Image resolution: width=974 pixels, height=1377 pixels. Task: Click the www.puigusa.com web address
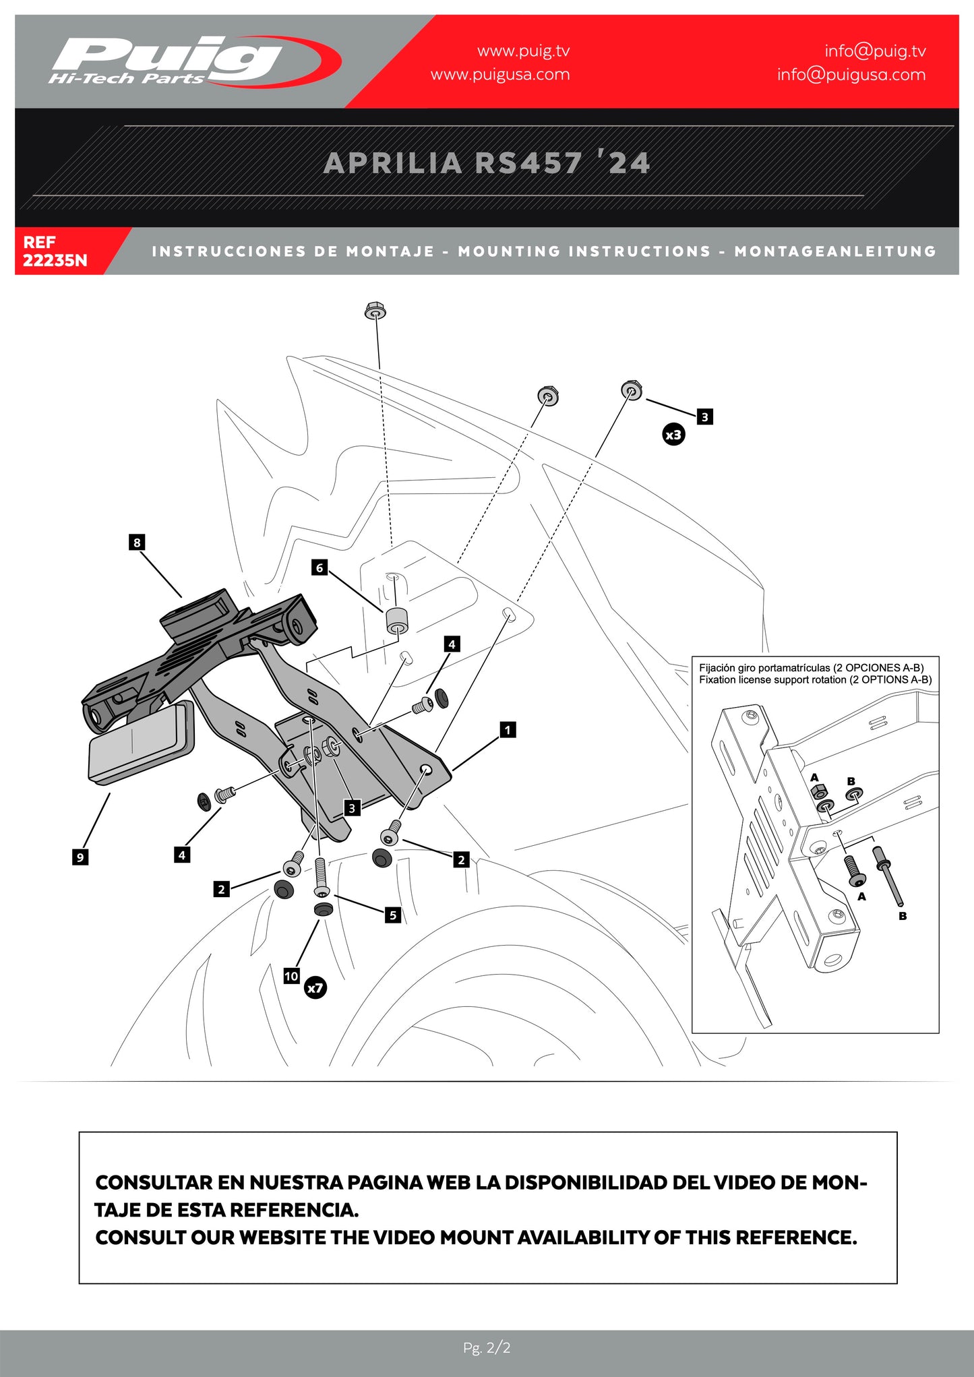pos(500,75)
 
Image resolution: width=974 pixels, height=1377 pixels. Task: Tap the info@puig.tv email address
pos(875,51)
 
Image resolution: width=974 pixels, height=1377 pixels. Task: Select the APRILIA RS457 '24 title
pos(487,163)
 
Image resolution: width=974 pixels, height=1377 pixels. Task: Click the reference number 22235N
pos(55,260)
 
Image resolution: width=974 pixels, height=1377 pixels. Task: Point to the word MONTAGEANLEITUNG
pos(835,251)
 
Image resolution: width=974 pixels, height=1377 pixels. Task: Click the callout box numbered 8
pos(137,543)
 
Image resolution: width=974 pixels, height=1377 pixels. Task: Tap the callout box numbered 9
pos(80,857)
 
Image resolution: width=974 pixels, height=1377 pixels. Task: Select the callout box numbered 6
pos(319,568)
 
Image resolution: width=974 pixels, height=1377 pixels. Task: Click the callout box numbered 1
pos(508,729)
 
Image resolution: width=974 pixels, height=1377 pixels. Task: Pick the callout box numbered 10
pos(291,976)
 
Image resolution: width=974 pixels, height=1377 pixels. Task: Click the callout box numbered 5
pos(393,915)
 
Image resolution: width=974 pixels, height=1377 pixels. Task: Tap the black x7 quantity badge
pos(315,988)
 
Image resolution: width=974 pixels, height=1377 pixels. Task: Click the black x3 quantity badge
pos(673,435)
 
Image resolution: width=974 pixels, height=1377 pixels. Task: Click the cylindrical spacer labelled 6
pos(398,621)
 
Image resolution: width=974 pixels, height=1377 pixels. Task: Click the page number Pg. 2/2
pos(487,1348)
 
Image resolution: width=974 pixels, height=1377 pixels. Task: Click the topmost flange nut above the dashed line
pos(375,311)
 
